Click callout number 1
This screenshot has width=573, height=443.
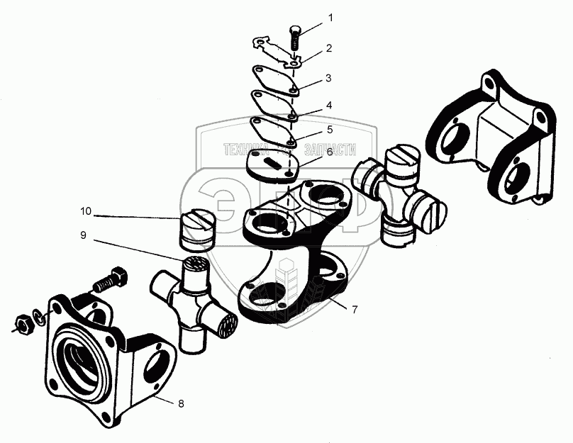pyautogui.click(x=330, y=18)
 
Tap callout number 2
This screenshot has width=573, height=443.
pyautogui.click(x=329, y=48)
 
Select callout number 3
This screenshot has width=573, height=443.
pyautogui.click(x=328, y=78)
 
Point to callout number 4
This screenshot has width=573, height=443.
pyautogui.click(x=329, y=106)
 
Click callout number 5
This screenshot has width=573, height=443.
pyautogui.click(x=330, y=130)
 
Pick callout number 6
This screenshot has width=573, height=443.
pyautogui.click(x=330, y=152)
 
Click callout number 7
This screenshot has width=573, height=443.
pyautogui.click(x=354, y=310)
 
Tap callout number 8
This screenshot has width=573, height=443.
pyautogui.click(x=181, y=403)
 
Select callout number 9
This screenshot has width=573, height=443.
pyautogui.click(x=83, y=235)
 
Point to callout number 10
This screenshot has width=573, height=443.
pyautogui.click(x=86, y=211)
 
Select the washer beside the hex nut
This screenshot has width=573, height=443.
pyautogui.click(x=39, y=317)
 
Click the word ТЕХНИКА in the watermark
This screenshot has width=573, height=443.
pyautogui.click(x=245, y=150)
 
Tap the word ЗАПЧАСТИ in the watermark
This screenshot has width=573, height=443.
pyautogui.click(x=330, y=150)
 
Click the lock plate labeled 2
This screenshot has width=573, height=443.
pyautogui.click(x=277, y=52)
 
